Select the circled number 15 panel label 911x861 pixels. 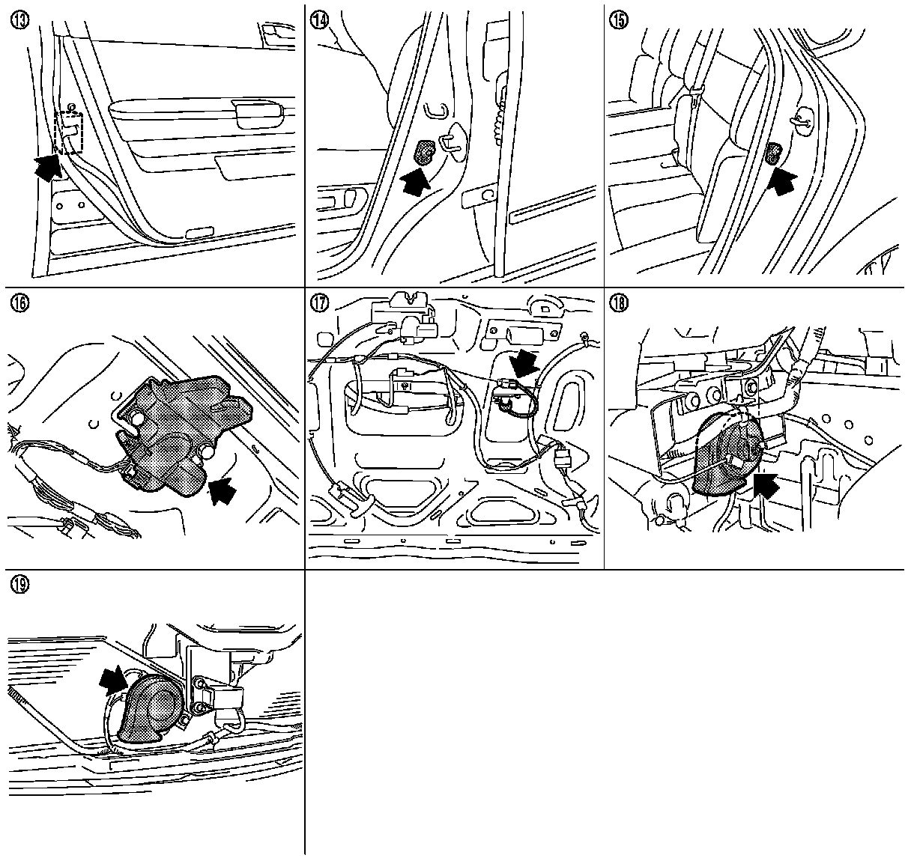coord(620,19)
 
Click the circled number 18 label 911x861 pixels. coord(620,303)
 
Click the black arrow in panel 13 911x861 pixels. coord(48,166)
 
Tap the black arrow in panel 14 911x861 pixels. coord(416,180)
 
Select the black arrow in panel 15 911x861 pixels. coord(783,180)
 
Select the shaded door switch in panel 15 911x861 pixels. coord(773,155)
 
